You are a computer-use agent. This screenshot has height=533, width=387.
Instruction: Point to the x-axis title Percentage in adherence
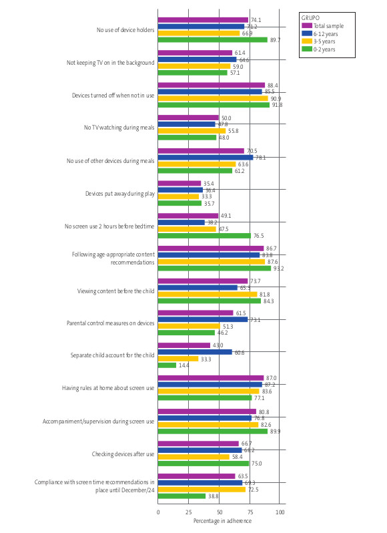tap(218, 520)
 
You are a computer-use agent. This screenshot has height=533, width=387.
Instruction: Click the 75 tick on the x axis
tap(250, 512)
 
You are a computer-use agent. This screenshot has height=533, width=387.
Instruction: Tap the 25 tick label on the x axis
tap(189, 512)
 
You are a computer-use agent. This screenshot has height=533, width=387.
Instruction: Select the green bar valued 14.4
tap(167, 365)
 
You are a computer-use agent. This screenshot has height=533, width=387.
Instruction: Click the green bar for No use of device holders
tap(212, 39)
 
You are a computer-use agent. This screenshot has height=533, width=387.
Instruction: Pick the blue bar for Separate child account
tap(195, 352)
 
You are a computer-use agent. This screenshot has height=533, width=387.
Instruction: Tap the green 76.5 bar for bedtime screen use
tap(204, 235)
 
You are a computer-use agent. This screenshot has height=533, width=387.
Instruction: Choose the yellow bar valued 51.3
tap(189, 326)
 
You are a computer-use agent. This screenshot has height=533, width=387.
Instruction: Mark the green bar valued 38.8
tap(181, 496)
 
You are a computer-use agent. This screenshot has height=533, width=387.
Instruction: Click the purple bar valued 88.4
tap(212, 85)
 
